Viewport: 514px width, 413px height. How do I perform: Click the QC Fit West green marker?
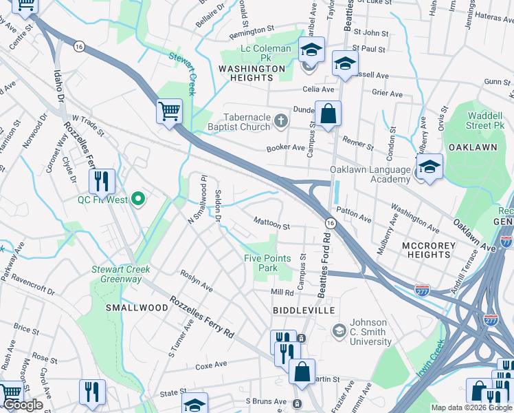pyautogui.click(x=138, y=200)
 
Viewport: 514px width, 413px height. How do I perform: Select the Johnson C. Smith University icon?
pyautogui.click(x=339, y=332)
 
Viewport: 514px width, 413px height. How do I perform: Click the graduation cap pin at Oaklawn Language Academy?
pyautogui.click(x=429, y=166)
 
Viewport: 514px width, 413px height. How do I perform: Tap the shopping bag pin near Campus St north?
pyautogui.click(x=328, y=113)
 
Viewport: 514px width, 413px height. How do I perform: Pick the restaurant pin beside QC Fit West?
pyautogui.click(x=102, y=182)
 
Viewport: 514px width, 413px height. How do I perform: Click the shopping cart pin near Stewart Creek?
pyautogui.click(x=169, y=110)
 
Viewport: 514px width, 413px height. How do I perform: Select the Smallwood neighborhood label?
pyautogui.click(x=137, y=308)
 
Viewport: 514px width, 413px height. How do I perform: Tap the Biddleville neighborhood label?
pyautogui.click(x=304, y=310)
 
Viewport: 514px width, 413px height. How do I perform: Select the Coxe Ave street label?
pyautogui.click(x=211, y=365)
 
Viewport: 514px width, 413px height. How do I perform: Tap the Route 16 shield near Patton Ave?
pyautogui.click(x=331, y=223)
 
